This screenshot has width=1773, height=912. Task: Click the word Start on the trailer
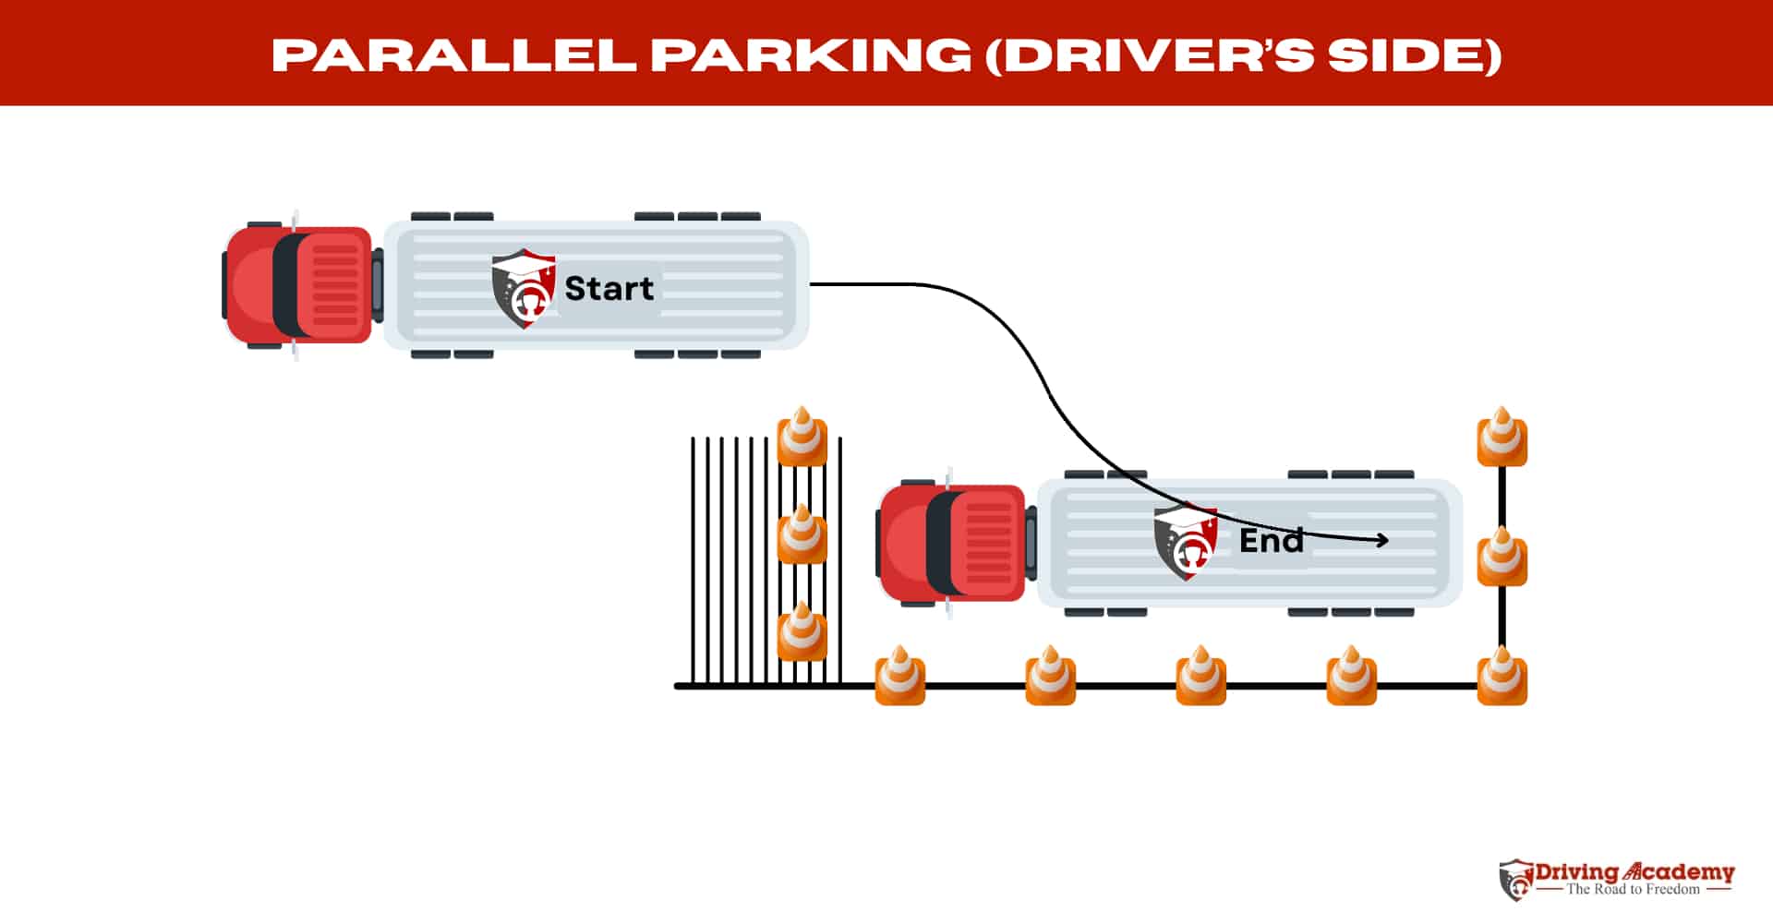pos(609,288)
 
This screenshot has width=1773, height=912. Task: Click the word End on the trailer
pos(1271,540)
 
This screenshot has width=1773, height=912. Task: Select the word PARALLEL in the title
pos(453,55)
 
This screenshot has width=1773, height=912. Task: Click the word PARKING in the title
pos(811,55)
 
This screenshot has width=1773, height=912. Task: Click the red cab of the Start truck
pos(300,284)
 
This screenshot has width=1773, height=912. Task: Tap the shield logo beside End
pos(1186,541)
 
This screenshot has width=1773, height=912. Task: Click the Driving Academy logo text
pos(1634,872)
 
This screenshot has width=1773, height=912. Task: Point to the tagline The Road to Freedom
pos(1633,890)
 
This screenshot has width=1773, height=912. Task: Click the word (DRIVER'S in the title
pos(1149,55)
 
